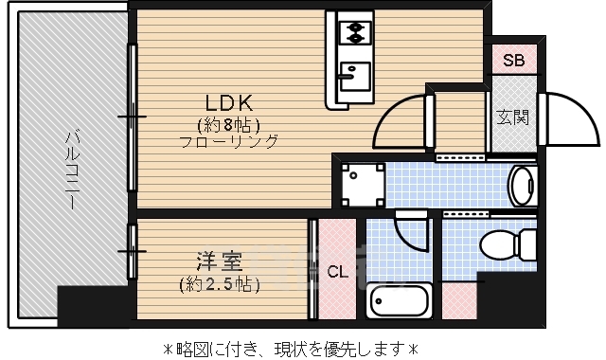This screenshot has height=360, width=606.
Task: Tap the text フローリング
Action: click(x=229, y=142)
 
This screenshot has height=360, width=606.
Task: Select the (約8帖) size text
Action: click(x=229, y=124)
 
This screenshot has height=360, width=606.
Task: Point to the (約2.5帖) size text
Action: click(x=218, y=283)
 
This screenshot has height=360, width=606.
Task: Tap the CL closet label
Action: click(x=336, y=272)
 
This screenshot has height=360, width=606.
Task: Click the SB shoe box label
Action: click(x=513, y=61)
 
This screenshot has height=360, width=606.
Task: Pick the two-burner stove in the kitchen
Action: click(x=353, y=32)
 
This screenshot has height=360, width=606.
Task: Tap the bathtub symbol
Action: click(x=399, y=302)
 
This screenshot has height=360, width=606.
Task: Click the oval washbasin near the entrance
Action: click(x=522, y=184)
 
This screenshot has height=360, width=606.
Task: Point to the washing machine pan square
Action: click(x=363, y=184)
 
